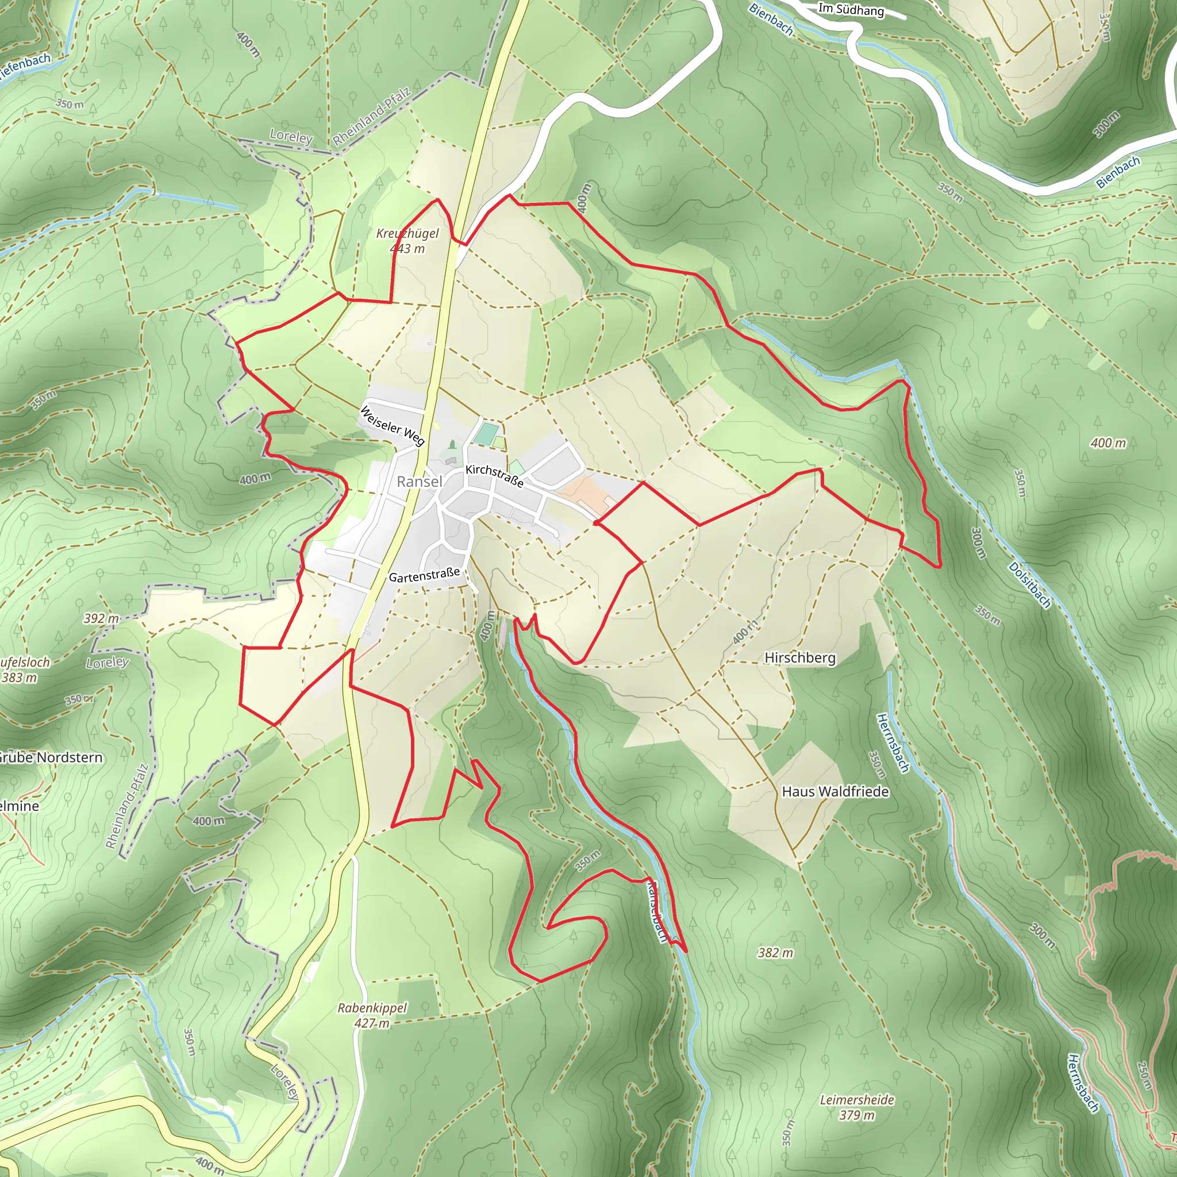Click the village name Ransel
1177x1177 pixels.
(x=419, y=482)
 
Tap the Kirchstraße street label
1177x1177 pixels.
(x=494, y=476)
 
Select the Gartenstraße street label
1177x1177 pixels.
(x=424, y=575)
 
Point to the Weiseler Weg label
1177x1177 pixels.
(x=392, y=425)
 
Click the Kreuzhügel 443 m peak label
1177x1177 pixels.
(x=407, y=241)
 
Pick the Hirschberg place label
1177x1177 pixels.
(x=800, y=658)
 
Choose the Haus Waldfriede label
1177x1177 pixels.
(x=835, y=792)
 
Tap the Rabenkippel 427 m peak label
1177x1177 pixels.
(x=372, y=1016)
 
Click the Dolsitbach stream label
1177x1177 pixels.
(x=1029, y=586)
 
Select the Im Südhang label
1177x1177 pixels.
(x=851, y=9)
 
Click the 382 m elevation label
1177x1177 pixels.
(x=775, y=953)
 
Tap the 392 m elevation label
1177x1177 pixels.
(x=101, y=618)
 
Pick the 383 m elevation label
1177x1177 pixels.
(x=20, y=678)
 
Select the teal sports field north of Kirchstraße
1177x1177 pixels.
(x=486, y=434)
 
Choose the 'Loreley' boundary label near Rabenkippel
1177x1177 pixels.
(x=284, y=1082)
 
